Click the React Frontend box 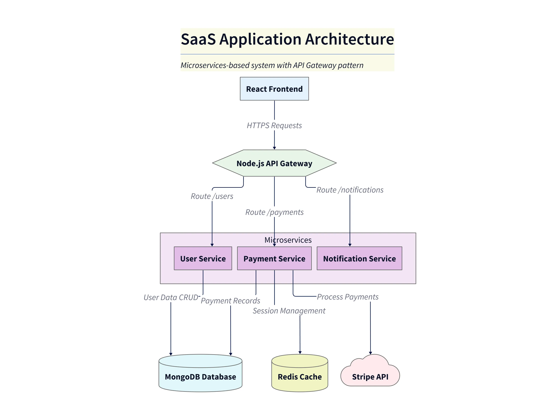click(274, 89)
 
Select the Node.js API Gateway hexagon click(274, 163)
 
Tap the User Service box click(203, 258)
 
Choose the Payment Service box click(274, 258)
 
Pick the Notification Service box click(359, 258)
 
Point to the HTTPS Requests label click(274, 125)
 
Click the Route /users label click(212, 196)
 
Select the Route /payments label click(274, 212)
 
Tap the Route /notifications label click(350, 190)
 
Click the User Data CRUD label click(171, 297)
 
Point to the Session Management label click(289, 311)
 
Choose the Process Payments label click(348, 297)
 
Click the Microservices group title click(288, 240)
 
